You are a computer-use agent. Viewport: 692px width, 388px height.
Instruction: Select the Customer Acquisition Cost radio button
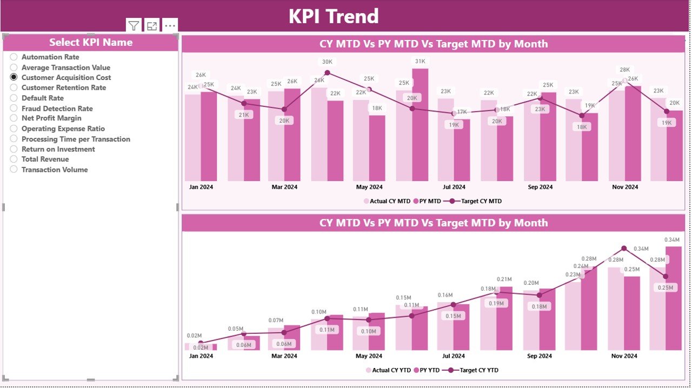(14, 77)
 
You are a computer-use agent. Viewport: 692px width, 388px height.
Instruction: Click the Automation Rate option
(14, 57)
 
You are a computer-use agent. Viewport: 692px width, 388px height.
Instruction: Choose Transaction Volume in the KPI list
(14, 170)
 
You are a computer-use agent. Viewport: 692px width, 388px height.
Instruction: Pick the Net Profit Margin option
(14, 118)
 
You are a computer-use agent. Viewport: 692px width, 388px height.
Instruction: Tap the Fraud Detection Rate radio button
(14, 109)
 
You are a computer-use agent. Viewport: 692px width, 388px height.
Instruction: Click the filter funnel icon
(134, 25)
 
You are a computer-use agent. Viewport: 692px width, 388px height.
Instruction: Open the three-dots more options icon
(170, 25)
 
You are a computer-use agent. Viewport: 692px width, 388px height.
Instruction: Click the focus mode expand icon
(152, 25)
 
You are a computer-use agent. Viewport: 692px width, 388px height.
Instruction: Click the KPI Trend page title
(334, 16)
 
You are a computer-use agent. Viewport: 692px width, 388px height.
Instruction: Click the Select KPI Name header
(91, 42)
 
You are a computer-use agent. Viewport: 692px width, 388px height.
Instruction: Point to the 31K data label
(420, 61)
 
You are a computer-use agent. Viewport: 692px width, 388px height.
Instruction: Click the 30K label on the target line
(327, 62)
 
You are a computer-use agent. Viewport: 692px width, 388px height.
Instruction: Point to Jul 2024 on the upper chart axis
(454, 187)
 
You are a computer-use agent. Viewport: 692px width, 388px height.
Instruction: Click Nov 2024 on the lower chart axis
(624, 356)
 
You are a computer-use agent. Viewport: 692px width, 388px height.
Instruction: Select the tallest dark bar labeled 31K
(420, 124)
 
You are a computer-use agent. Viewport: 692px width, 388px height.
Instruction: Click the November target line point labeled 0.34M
(624, 248)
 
